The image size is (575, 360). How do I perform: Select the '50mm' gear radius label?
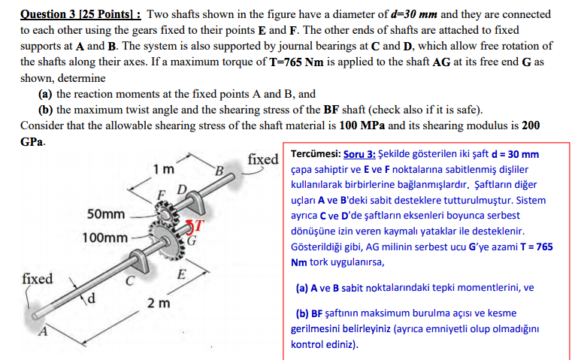coord(105,214)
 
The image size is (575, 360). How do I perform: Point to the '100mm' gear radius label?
coord(104,237)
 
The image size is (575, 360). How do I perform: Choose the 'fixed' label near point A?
coord(38,279)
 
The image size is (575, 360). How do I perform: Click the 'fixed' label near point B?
coord(263,159)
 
